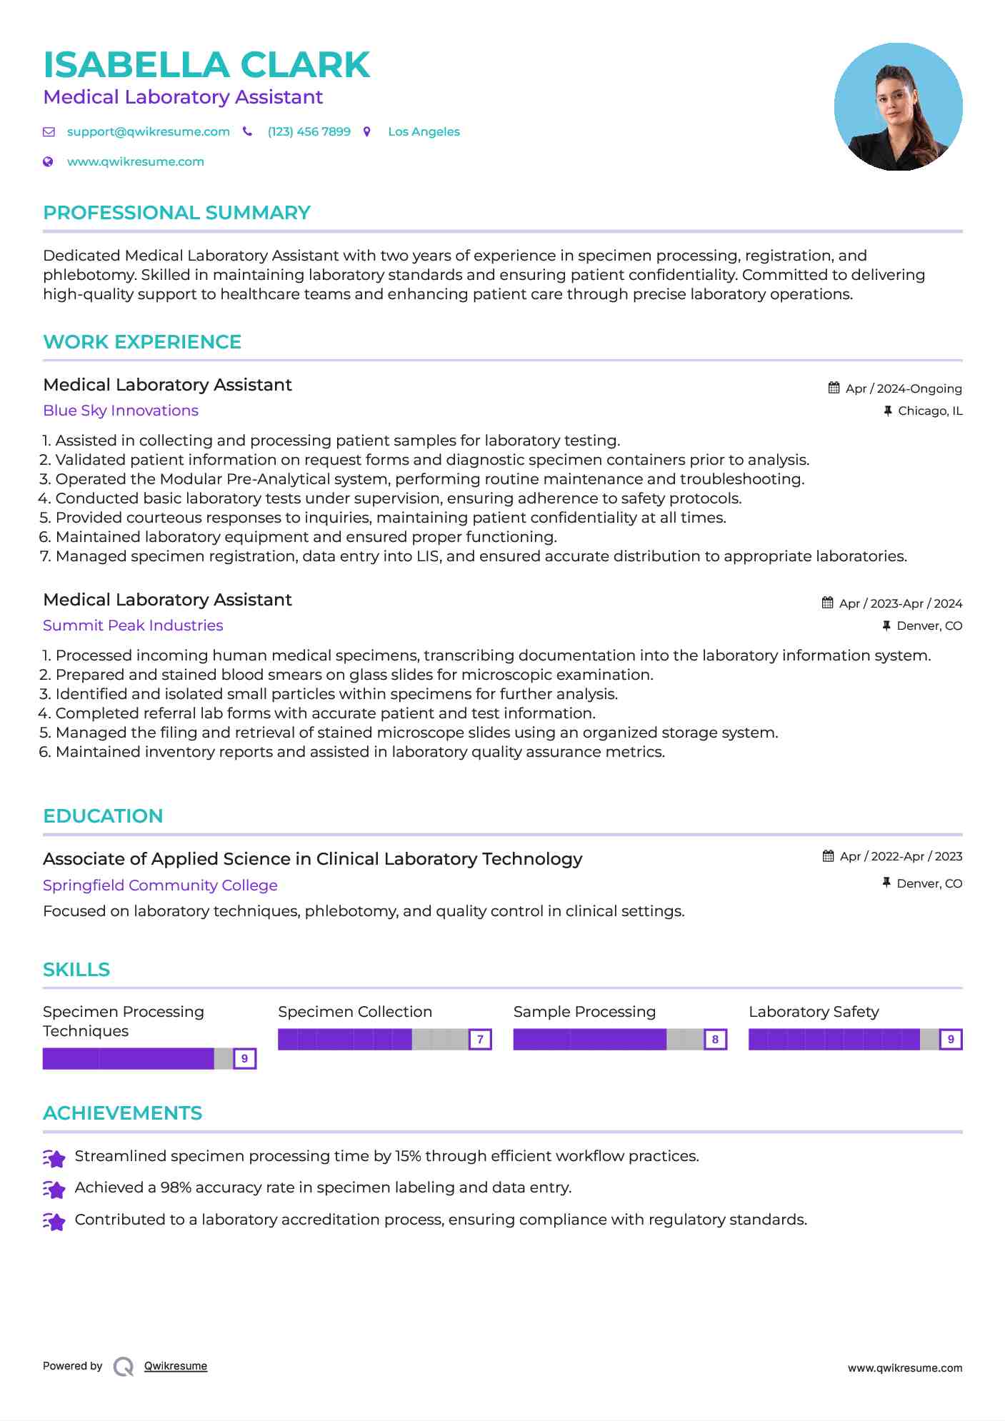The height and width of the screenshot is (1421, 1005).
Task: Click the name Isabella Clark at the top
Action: (x=206, y=65)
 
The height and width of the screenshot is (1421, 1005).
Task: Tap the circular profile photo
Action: (x=898, y=107)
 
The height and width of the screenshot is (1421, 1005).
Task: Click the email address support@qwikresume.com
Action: (x=148, y=132)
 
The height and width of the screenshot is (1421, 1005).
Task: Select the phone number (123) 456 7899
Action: (x=309, y=132)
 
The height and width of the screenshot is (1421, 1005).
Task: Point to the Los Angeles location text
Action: (x=424, y=132)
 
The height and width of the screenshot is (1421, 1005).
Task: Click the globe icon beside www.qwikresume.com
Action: (x=49, y=162)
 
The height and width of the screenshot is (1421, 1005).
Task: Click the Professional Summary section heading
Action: (x=176, y=213)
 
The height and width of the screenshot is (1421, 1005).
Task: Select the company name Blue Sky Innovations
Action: (x=121, y=411)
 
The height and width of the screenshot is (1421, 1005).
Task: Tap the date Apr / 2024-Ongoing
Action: (x=903, y=388)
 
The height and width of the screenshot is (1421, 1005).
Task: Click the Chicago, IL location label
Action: (x=929, y=411)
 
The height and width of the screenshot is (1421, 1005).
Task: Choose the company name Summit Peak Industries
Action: (x=133, y=626)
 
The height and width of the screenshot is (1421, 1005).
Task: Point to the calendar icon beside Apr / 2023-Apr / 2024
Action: (x=827, y=603)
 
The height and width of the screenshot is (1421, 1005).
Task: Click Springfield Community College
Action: (x=160, y=885)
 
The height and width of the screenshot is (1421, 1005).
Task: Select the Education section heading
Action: (x=103, y=816)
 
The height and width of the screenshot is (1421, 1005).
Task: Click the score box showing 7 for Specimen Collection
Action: (x=480, y=1040)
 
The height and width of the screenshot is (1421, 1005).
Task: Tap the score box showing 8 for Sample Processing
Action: (x=715, y=1040)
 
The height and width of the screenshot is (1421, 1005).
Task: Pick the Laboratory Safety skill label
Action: (x=814, y=1012)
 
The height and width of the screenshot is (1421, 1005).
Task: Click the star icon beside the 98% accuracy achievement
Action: (x=54, y=1189)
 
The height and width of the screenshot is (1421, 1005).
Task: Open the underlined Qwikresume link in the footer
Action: (x=176, y=1366)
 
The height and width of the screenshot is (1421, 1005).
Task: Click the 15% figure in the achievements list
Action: (x=408, y=1156)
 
